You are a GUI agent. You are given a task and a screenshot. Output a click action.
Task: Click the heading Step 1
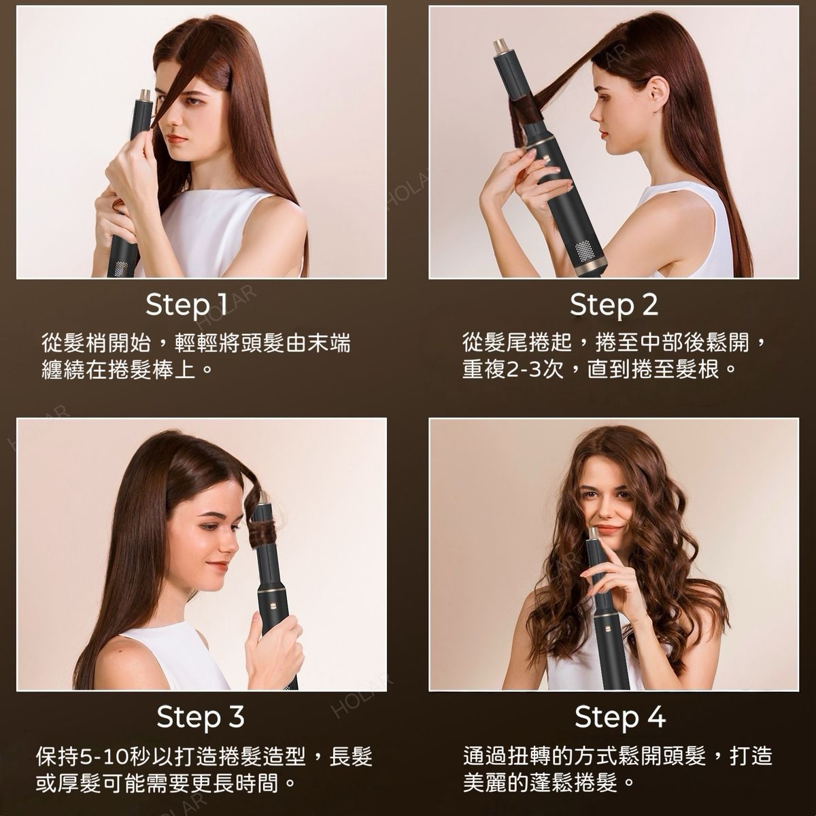pos(187,305)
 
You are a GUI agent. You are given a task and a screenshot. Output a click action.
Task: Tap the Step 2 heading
pos(613,305)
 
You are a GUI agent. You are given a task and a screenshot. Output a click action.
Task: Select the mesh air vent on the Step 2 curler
pos(585,251)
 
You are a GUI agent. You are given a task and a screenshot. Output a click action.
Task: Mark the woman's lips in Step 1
pos(177,139)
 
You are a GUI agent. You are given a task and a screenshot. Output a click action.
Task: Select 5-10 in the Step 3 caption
pos(105,757)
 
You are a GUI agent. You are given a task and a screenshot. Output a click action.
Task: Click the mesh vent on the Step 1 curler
pos(120,269)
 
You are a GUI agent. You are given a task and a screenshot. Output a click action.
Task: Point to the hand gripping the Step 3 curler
pos(273,645)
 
